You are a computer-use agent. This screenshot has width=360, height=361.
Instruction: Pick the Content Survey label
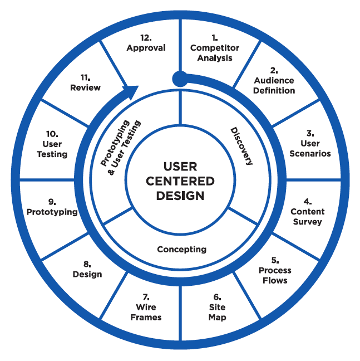click(x=307, y=217)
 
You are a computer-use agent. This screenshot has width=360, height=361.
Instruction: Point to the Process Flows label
click(x=274, y=275)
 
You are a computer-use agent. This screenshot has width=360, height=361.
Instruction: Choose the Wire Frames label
click(x=146, y=313)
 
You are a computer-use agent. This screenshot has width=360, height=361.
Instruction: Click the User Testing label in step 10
click(x=52, y=149)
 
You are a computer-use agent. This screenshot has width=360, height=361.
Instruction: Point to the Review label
click(x=85, y=87)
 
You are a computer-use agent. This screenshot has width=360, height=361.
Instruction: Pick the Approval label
click(x=146, y=48)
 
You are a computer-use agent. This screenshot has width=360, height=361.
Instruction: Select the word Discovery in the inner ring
click(x=241, y=146)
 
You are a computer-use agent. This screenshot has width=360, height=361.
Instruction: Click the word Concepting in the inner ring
click(x=181, y=249)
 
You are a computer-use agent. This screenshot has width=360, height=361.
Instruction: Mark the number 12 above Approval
click(x=146, y=37)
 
